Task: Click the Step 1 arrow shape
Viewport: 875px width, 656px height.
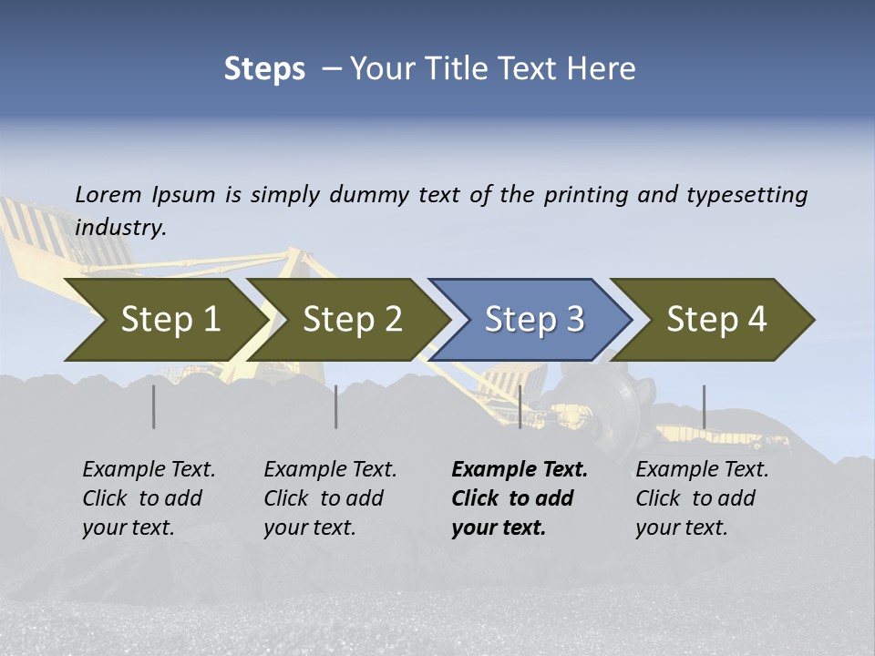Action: coord(170,320)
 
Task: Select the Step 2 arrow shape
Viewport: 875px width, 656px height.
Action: coord(352,320)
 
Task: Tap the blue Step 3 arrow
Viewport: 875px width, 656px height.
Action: coord(534,320)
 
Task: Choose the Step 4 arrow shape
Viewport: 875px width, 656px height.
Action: coord(716,320)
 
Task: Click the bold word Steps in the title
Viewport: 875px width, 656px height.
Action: coord(264,68)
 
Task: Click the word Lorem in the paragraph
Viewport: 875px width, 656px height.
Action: coord(108,194)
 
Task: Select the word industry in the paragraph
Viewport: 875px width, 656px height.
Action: coord(120,228)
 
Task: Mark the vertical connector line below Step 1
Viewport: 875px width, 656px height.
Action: coord(154,406)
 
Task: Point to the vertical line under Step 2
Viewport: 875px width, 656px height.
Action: coord(336,406)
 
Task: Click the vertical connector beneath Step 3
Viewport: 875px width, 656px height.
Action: coord(520,406)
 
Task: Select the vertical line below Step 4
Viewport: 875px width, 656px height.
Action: coord(704,406)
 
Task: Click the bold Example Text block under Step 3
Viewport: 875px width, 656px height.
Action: coord(520,498)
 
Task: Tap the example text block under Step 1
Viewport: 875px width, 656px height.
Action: coord(149,498)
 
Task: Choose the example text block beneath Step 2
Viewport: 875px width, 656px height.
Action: coord(330,498)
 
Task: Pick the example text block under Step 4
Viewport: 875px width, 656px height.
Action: coord(702,498)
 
